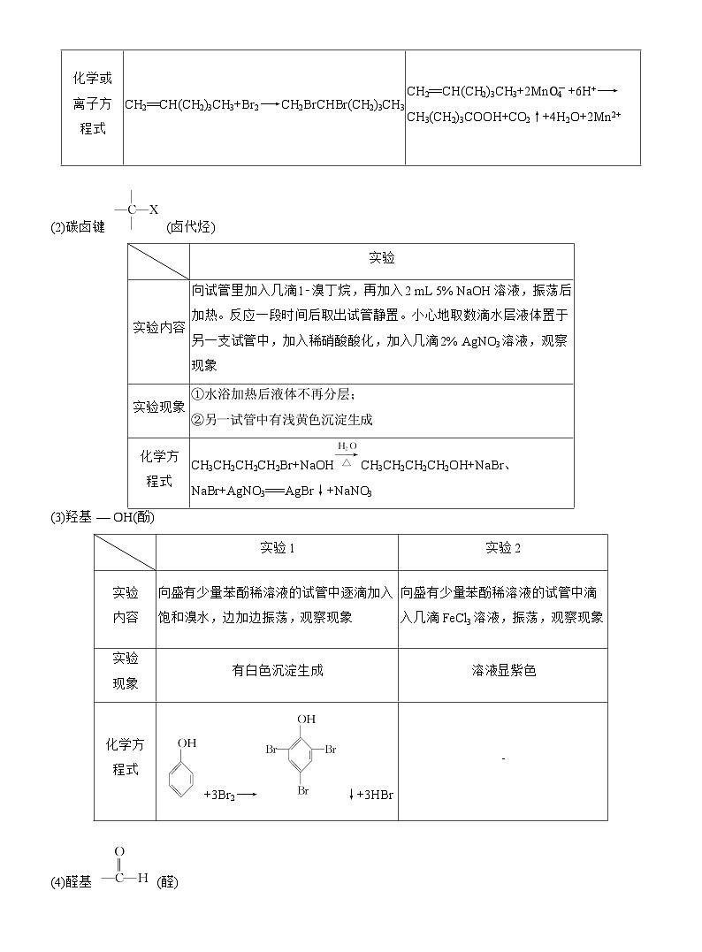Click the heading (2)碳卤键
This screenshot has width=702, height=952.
point(78,227)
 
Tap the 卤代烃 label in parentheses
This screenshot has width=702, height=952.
point(191,227)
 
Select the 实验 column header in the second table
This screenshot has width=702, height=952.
point(381,258)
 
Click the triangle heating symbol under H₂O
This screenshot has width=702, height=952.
point(347,461)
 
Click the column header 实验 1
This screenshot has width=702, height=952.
point(277,547)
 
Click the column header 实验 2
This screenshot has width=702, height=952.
point(502,547)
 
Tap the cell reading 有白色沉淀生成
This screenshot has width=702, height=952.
point(277,670)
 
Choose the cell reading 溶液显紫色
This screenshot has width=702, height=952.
point(502,670)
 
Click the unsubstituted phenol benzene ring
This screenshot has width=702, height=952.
point(180,780)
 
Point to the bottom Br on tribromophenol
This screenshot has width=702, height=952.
point(303,791)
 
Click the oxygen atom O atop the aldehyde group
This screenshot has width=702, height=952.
point(119,852)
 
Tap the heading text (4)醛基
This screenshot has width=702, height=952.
point(75,881)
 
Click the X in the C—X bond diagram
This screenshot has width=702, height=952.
point(153,209)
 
